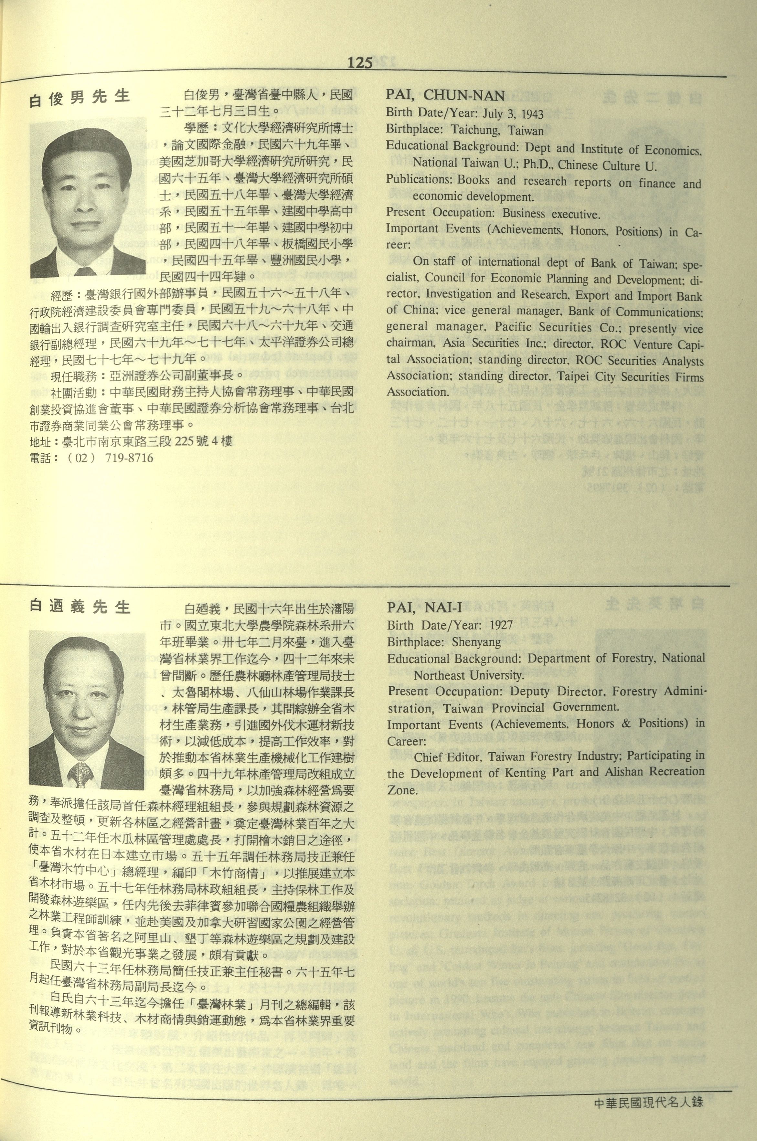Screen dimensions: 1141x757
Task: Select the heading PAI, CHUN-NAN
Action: [x=445, y=96]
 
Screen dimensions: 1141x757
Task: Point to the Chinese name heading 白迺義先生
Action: [x=80, y=606]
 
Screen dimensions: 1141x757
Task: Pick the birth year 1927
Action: [x=500, y=626]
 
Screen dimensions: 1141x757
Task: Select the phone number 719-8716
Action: [x=128, y=458]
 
